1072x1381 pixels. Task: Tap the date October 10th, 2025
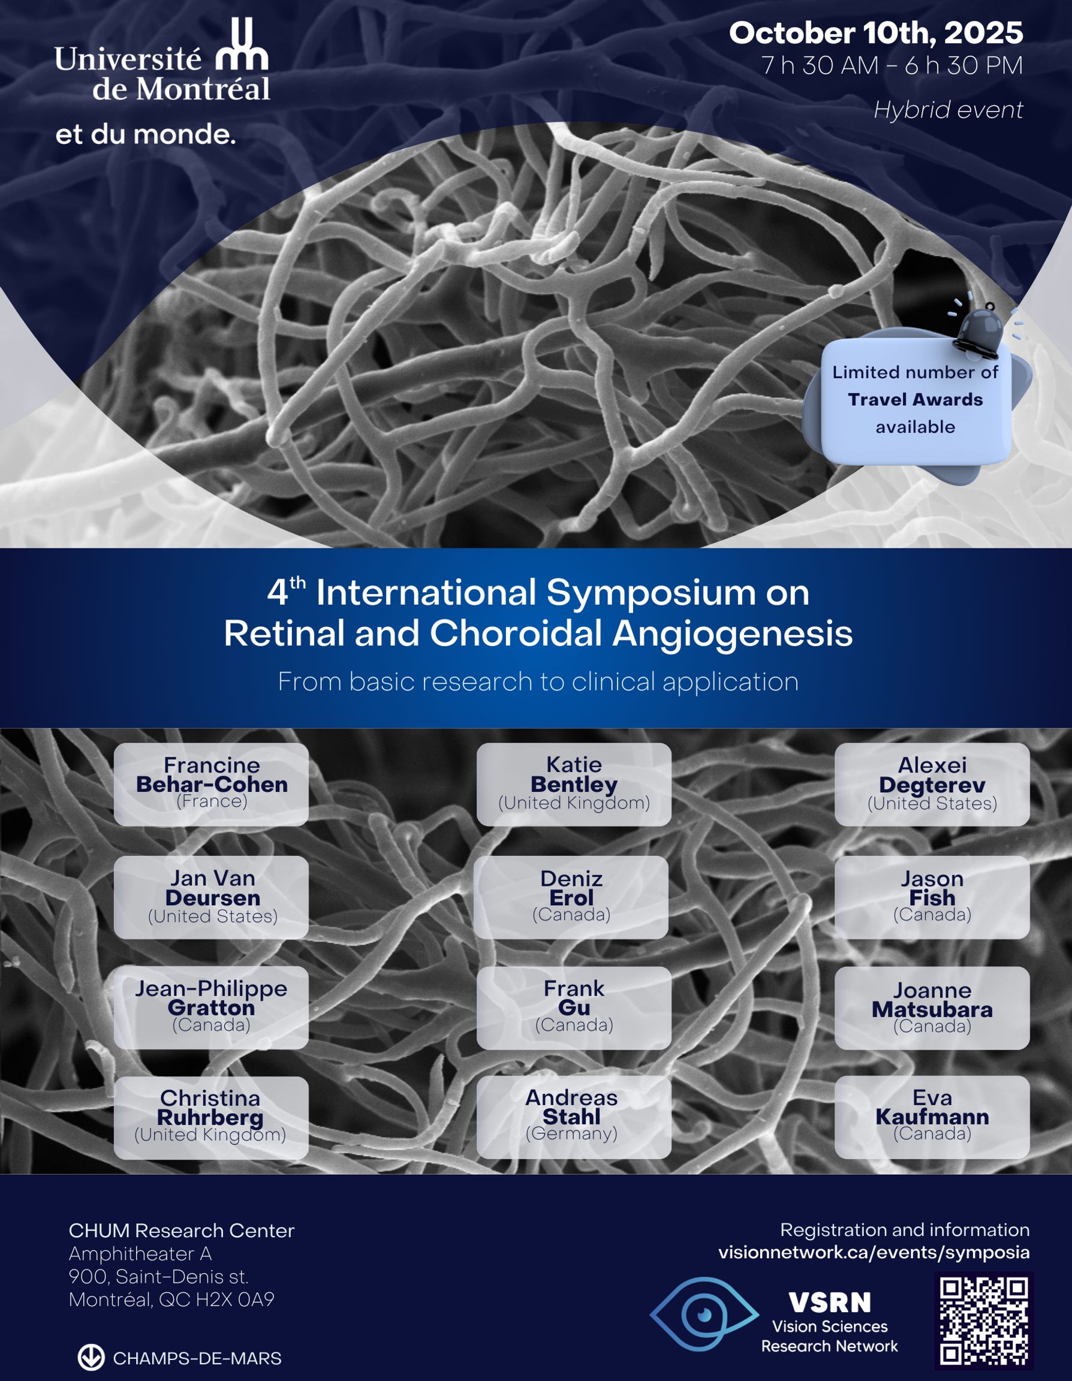tap(875, 33)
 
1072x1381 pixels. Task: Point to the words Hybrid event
tap(947, 110)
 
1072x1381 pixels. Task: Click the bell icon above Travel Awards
tap(980, 325)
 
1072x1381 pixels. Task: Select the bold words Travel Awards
tap(915, 400)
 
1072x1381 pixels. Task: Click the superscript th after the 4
tap(298, 583)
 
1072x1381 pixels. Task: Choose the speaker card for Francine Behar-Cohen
tap(211, 783)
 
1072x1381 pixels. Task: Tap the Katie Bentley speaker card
tap(574, 784)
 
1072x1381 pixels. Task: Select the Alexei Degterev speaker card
tap(932, 784)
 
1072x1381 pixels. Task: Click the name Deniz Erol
tap(571, 888)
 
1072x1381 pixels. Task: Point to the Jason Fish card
tap(932, 897)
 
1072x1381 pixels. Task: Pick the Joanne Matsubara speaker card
tap(932, 1008)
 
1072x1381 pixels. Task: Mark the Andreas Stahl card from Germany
tap(574, 1117)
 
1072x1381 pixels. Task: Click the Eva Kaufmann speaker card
tap(932, 1117)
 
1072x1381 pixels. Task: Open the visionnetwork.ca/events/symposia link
tap(874, 1252)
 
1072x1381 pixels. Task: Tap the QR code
tap(983, 1320)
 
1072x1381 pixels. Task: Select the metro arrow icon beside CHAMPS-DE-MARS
tap(91, 1358)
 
